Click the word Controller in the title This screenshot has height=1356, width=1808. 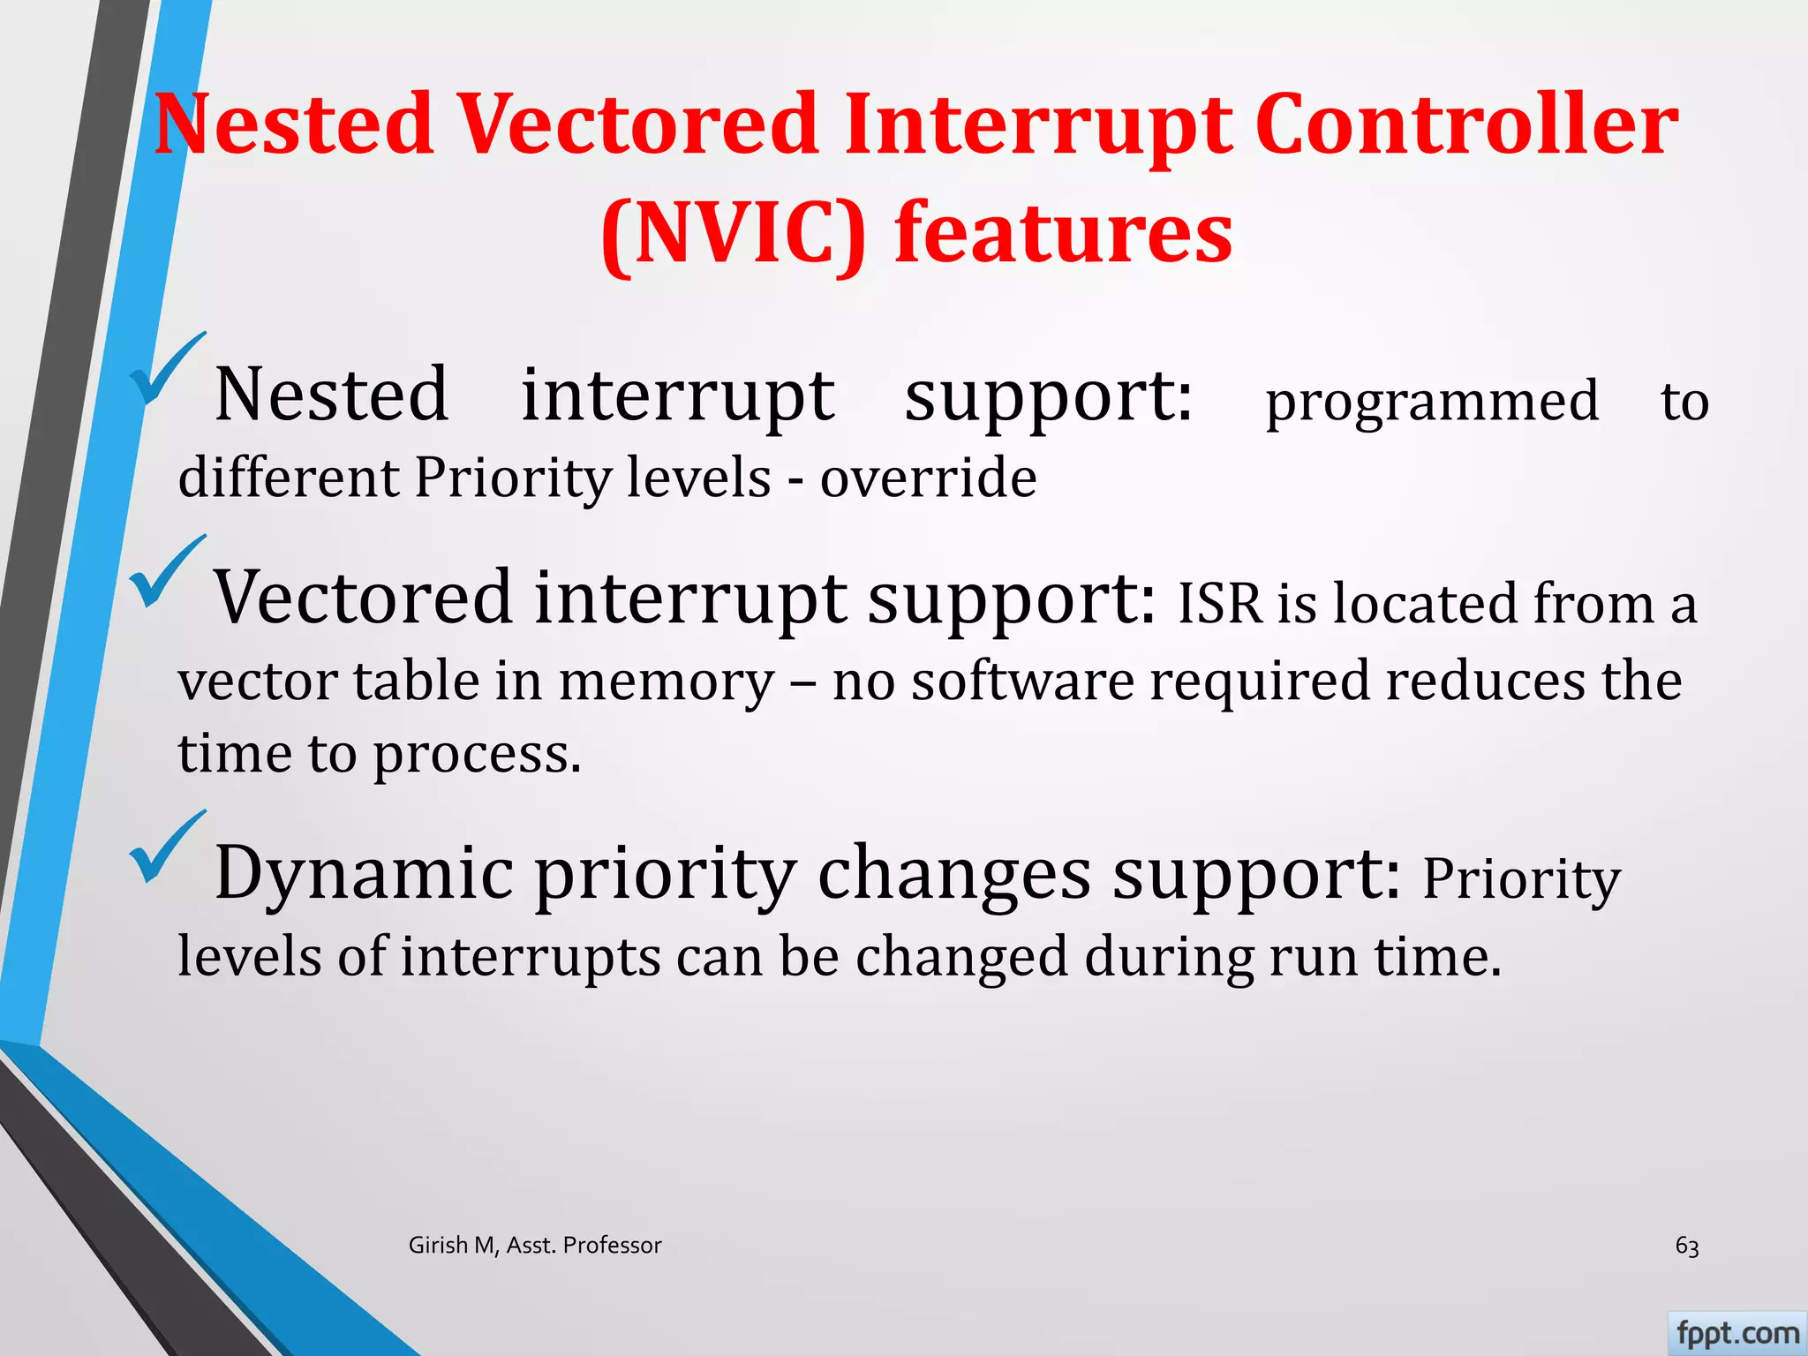(x=1465, y=125)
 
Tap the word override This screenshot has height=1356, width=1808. (x=928, y=478)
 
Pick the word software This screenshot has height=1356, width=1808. (x=1022, y=682)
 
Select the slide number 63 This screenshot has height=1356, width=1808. (x=1686, y=1246)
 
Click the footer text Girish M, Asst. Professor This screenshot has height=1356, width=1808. (x=535, y=1245)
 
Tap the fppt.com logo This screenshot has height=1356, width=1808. (x=1736, y=1333)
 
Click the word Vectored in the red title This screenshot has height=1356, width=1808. (x=636, y=125)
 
